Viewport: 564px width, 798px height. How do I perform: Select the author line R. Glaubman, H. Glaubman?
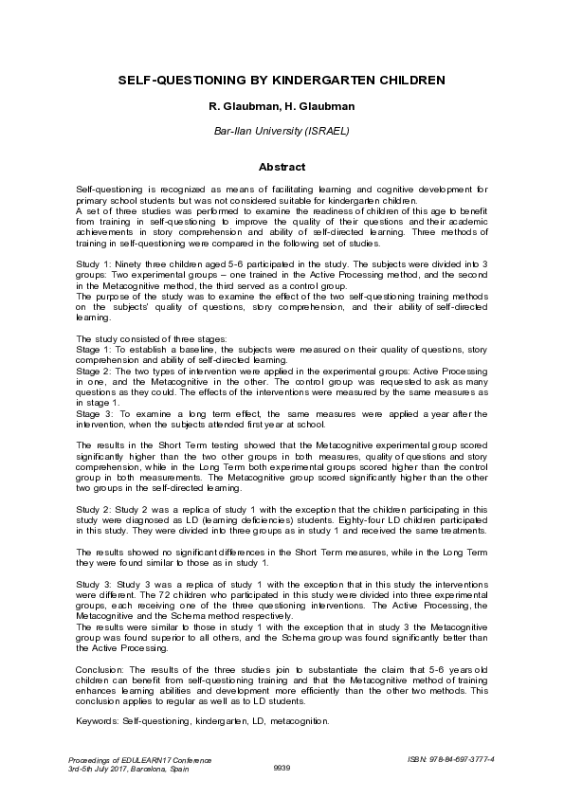coord(281,109)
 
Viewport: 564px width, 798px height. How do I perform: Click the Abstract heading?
coord(281,166)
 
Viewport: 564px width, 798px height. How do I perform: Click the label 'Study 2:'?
coord(92,509)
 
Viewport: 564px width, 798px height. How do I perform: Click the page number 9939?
coord(282,768)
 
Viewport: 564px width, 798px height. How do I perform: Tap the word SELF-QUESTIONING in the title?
coord(170,82)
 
